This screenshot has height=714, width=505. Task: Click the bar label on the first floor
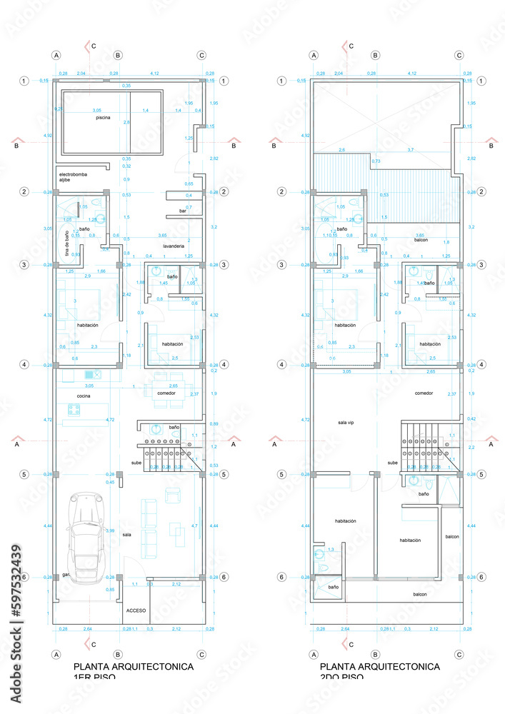(x=183, y=212)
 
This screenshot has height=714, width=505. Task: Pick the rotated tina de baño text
(x=67, y=243)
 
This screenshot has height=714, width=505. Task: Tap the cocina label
(x=84, y=396)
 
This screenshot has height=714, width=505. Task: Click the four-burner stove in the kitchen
(x=75, y=409)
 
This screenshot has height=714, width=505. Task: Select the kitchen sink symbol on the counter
(x=90, y=374)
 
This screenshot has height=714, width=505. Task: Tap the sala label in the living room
(x=126, y=534)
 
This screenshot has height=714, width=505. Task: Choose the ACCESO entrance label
(x=136, y=610)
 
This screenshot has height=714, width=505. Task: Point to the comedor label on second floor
(x=424, y=393)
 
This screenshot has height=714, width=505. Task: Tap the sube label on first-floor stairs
(x=136, y=463)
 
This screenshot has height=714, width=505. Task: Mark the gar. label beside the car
(x=66, y=574)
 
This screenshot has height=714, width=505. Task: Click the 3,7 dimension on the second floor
(x=410, y=150)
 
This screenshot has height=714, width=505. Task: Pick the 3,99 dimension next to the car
(x=110, y=531)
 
